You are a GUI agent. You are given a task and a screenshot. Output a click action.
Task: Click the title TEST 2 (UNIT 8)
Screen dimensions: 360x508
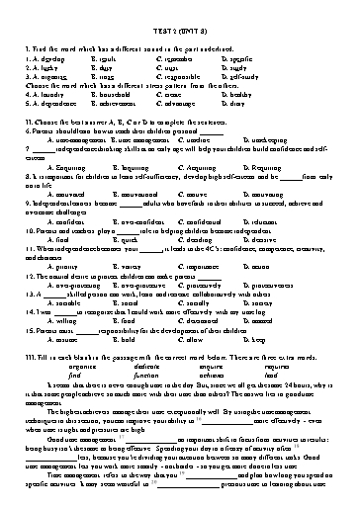coord(179,33)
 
